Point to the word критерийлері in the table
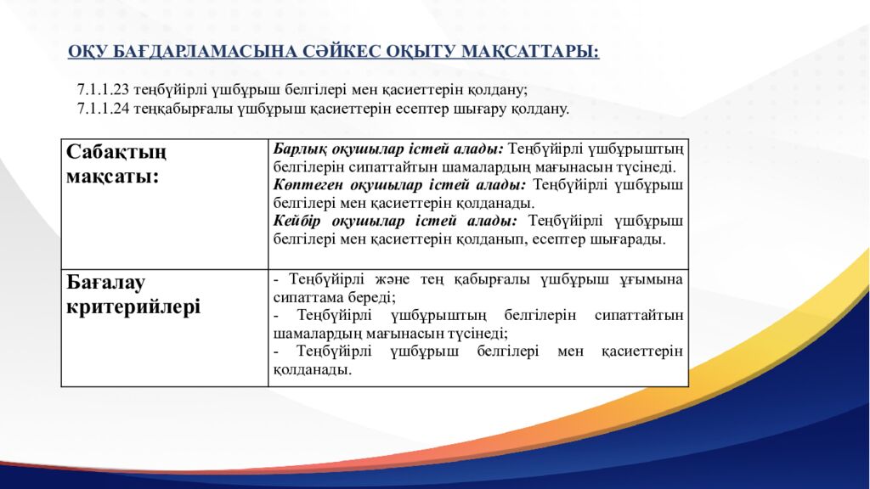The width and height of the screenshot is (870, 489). coord(133,306)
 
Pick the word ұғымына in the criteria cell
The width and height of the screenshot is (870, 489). coord(653,279)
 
